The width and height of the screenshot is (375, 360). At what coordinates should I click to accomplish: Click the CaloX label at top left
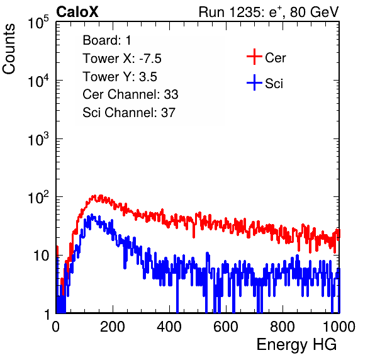coord(77,12)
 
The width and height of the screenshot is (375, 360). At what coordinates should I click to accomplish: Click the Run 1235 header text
coord(269,12)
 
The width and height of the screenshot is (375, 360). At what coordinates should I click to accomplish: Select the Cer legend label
coord(275,58)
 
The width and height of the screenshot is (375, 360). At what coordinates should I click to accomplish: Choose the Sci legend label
coord(274,84)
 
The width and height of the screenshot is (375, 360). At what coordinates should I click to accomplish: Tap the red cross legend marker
coord(254,57)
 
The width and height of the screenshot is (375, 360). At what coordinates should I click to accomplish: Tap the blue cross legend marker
coord(254,82)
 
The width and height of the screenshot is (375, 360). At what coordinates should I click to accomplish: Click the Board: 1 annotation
coord(107,40)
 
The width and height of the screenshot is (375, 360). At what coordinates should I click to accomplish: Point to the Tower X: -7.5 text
coord(122,59)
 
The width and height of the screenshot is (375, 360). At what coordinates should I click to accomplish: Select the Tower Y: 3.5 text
coord(120,77)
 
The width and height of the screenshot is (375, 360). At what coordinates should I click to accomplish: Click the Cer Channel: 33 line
coord(130,94)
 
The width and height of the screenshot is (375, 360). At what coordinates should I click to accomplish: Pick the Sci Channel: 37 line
coord(129,113)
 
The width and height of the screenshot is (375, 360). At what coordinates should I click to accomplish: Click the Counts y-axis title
coord(9,49)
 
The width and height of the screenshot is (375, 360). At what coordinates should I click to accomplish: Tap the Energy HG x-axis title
coord(296,345)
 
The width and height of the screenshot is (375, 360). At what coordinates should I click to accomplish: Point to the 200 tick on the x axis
coord(113,327)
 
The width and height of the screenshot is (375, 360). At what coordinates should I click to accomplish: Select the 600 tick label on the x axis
coord(226,327)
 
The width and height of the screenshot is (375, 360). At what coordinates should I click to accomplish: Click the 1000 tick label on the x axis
coord(339,327)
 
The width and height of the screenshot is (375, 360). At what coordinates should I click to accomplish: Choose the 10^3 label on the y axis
coord(38,139)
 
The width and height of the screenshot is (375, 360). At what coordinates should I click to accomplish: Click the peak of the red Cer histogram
coord(101,196)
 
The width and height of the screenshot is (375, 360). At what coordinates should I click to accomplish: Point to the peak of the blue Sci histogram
coord(91,215)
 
